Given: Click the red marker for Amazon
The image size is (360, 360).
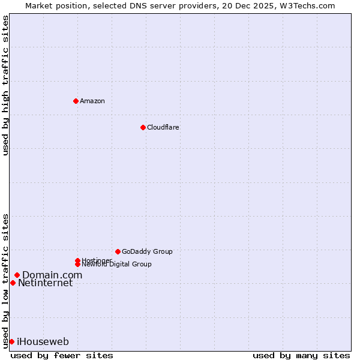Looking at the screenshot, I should point(76,101).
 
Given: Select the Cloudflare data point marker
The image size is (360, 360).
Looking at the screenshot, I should point(143,127).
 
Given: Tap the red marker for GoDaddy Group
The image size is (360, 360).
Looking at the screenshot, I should point(118,251).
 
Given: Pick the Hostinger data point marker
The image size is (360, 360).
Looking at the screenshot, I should point(77,260).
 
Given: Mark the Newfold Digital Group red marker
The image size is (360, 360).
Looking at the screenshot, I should point(77,264).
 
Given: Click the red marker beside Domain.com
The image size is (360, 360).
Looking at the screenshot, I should point(17,275).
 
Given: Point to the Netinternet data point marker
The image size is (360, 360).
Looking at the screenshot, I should point(13,283).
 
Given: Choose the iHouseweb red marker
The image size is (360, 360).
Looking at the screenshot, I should point(11,341).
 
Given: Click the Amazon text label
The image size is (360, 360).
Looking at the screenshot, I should point(92,101).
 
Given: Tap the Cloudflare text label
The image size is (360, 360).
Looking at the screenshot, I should point(163,127).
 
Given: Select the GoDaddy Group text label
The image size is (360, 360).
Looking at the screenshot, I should point(147,251).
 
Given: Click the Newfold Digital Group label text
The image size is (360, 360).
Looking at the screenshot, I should point(116,265).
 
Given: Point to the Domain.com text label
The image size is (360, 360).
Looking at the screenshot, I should point(52,275).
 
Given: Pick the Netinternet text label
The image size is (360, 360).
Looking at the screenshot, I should point(45,283).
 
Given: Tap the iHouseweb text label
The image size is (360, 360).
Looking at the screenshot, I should point(43,342).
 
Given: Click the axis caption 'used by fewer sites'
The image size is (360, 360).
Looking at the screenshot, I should point(62,355).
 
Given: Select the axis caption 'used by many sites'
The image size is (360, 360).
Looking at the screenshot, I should point(301,355).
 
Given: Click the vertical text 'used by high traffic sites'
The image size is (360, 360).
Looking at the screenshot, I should point(5,85).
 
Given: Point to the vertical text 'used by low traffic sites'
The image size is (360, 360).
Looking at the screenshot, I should point(5,280).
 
